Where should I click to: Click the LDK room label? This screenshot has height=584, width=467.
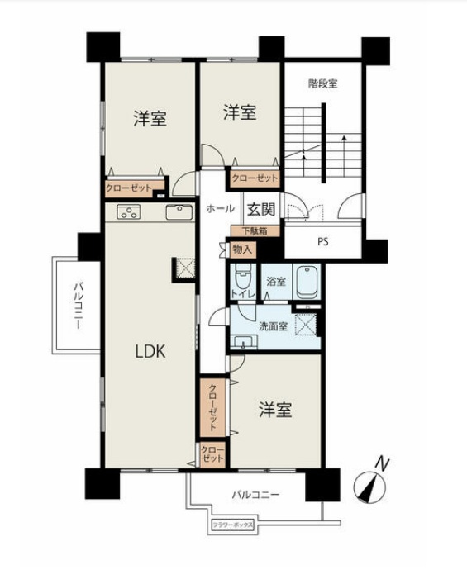[x=150, y=350]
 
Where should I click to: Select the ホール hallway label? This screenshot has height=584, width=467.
[x=220, y=209]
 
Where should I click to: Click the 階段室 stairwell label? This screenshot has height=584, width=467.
[x=323, y=83]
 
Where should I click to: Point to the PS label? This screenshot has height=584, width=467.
[x=323, y=242]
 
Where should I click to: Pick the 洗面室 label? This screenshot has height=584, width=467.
[x=272, y=325]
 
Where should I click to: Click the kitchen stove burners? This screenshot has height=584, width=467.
[x=129, y=212]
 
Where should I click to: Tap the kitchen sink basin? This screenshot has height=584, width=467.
[x=179, y=212]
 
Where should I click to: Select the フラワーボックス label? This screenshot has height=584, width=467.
[x=232, y=525]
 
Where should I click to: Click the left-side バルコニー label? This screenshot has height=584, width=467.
[x=76, y=305]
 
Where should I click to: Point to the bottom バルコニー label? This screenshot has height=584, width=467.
[x=254, y=495]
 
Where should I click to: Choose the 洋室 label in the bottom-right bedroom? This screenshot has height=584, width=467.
[x=274, y=410]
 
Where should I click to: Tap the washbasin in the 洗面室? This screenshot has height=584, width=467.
[x=241, y=341]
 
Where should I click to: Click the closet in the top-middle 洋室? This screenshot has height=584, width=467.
[x=255, y=177]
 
